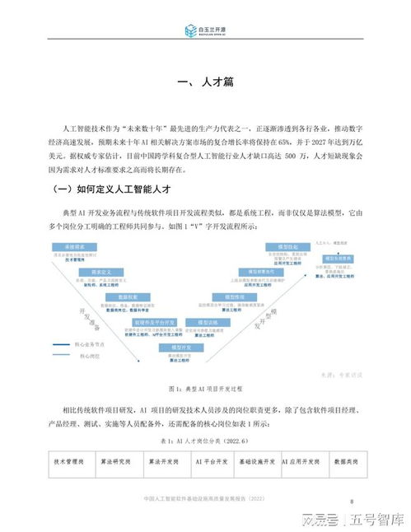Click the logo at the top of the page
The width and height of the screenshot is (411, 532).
tap(205, 31)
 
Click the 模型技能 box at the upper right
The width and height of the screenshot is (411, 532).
tap(284, 246)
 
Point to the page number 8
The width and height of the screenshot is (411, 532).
tap(353, 501)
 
